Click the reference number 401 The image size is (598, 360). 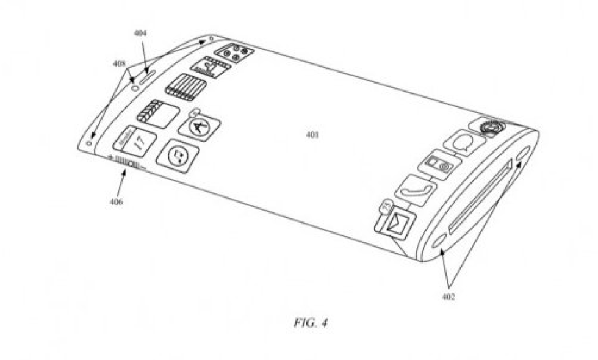[x=312, y=135]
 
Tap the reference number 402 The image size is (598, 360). [x=448, y=297]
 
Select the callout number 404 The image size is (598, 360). [x=140, y=34]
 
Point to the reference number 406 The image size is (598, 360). [x=115, y=201]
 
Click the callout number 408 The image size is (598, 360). [x=119, y=63]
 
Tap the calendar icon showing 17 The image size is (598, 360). [x=135, y=142]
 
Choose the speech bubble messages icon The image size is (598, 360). [x=464, y=145]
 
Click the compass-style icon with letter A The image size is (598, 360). [x=200, y=127]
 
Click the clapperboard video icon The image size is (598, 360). [x=157, y=113]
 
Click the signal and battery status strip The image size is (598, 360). [x=126, y=162]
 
